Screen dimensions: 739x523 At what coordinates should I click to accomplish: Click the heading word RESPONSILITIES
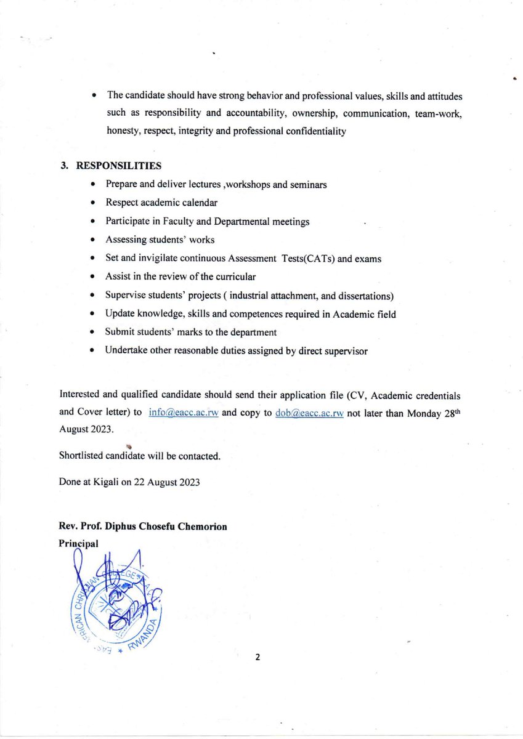[x=119, y=166]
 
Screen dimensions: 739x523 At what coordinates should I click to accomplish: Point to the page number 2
[x=257, y=657]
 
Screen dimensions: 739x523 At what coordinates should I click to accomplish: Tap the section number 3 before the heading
[x=63, y=166]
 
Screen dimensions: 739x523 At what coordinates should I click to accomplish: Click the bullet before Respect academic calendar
[x=92, y=203]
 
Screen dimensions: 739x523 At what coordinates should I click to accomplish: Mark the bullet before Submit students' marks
[x=92, y=333]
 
